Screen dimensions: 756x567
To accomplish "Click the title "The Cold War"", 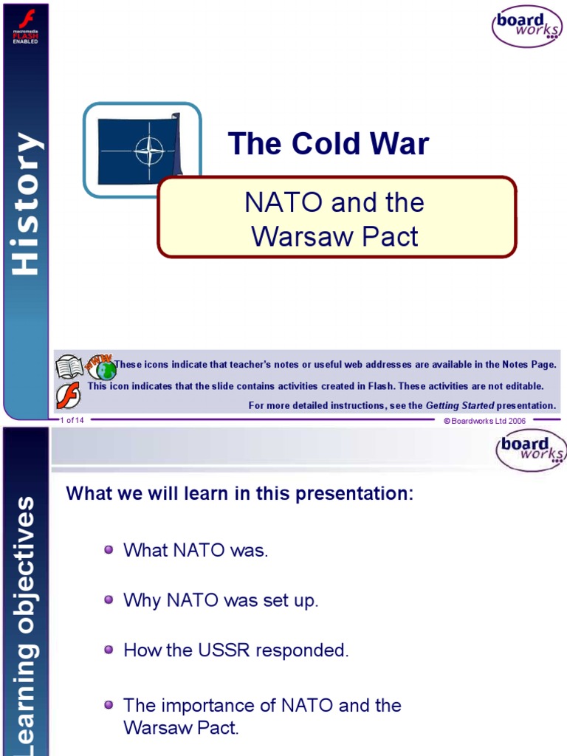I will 328,144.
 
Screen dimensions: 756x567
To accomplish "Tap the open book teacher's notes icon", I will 69,366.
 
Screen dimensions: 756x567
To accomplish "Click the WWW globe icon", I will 101,366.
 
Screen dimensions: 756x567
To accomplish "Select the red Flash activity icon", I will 68,394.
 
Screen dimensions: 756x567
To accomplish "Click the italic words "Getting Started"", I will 459,405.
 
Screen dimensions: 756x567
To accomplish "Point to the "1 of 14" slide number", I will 72,420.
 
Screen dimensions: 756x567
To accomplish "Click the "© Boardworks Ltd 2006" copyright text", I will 484,420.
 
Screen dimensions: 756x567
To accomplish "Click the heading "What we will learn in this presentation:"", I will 240,494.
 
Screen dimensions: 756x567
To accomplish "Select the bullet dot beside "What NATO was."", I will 109,550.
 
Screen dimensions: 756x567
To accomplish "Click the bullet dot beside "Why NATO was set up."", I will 109,599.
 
